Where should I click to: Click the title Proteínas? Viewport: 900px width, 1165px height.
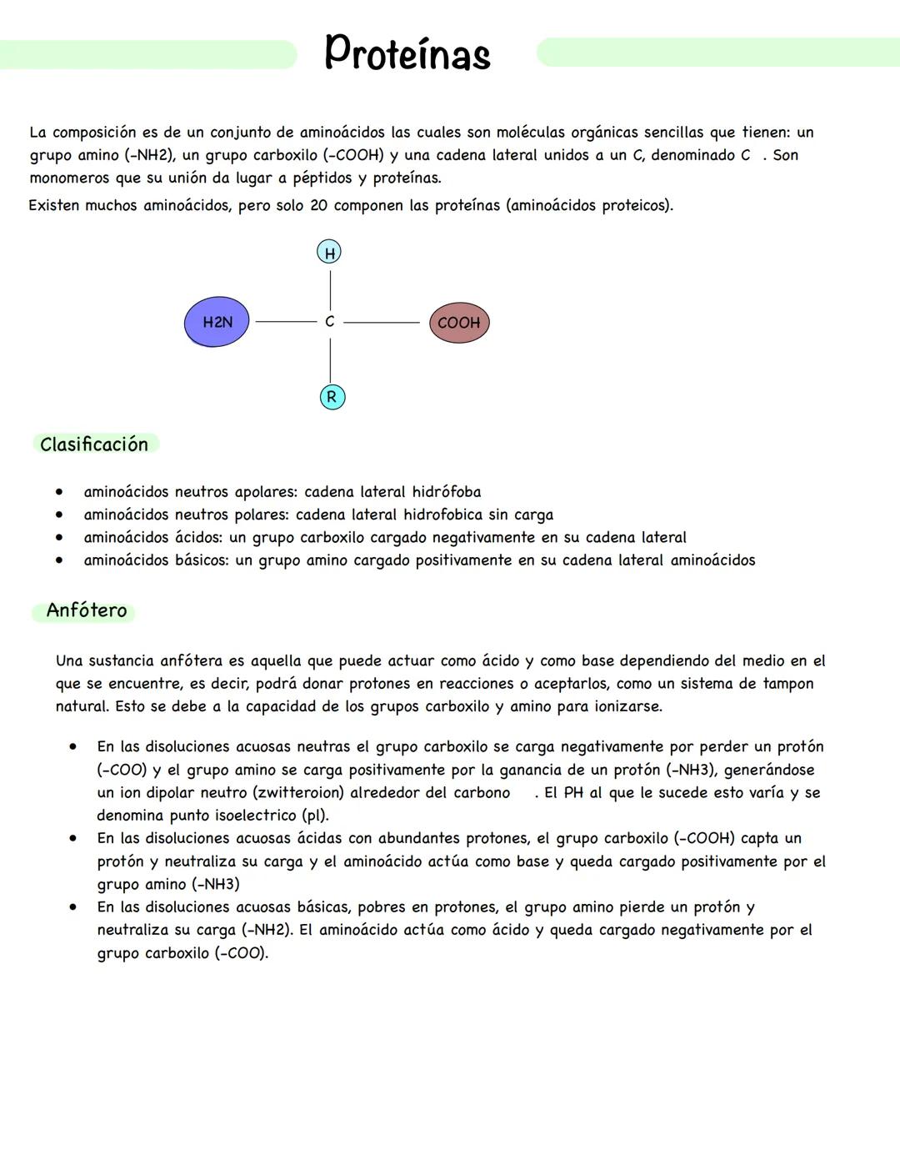click(407, 53)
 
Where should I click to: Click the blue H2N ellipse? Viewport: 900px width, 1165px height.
click(217, 322)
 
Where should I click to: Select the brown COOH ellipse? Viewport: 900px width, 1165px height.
click(459, 323)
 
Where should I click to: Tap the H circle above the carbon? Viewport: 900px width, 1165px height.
click(329, 253)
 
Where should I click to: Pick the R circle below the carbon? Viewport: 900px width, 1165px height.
click(332, 397)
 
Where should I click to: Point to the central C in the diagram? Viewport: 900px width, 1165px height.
click(330, 321)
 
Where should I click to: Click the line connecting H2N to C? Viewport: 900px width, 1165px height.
click(286, 321)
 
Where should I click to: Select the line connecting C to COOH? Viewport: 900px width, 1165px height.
click(381, 321)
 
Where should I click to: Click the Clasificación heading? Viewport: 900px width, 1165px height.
click(94, 444)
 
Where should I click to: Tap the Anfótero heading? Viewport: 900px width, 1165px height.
click(87, 610)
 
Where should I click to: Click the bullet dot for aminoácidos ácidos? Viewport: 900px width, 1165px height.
click(59, 538)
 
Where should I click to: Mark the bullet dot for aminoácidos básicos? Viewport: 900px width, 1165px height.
click(59, 560)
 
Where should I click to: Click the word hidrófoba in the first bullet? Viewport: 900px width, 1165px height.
click(446, 492)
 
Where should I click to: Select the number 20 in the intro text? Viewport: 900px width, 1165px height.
click(319, 205)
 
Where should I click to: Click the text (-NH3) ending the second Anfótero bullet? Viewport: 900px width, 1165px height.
click(215, 884)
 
